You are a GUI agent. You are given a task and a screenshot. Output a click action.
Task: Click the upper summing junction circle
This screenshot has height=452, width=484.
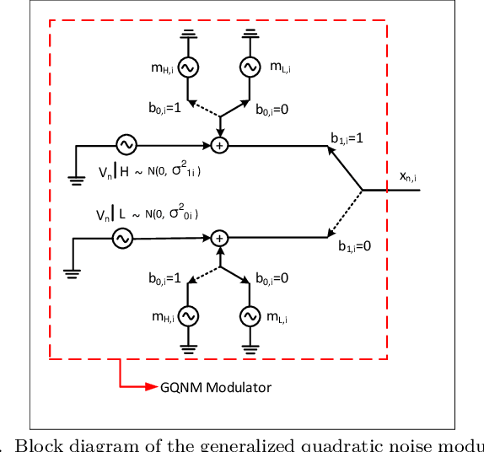point(219,145)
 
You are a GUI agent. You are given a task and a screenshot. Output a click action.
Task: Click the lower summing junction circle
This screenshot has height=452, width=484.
point(219,239)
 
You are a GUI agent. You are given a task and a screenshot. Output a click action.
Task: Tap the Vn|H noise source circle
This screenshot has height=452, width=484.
point(126,145)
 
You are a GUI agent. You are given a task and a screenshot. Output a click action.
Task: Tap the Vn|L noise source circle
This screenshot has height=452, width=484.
point(123,239)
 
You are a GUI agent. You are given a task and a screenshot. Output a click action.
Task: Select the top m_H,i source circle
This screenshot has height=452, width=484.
point(187,67)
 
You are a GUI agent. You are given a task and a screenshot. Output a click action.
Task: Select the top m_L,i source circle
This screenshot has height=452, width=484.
point(250,67)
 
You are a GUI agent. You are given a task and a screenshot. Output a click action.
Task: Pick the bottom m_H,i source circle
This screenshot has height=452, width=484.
point(187,315)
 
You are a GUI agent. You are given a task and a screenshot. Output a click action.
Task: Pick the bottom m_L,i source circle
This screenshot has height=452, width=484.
point(250,315)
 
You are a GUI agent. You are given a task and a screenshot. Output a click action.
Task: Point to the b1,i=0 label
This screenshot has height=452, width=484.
point(355,246)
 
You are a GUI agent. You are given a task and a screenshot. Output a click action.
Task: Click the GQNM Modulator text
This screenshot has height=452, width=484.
point(216,387)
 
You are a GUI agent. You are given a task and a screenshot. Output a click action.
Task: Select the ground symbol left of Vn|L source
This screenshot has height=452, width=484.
point(71,271)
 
